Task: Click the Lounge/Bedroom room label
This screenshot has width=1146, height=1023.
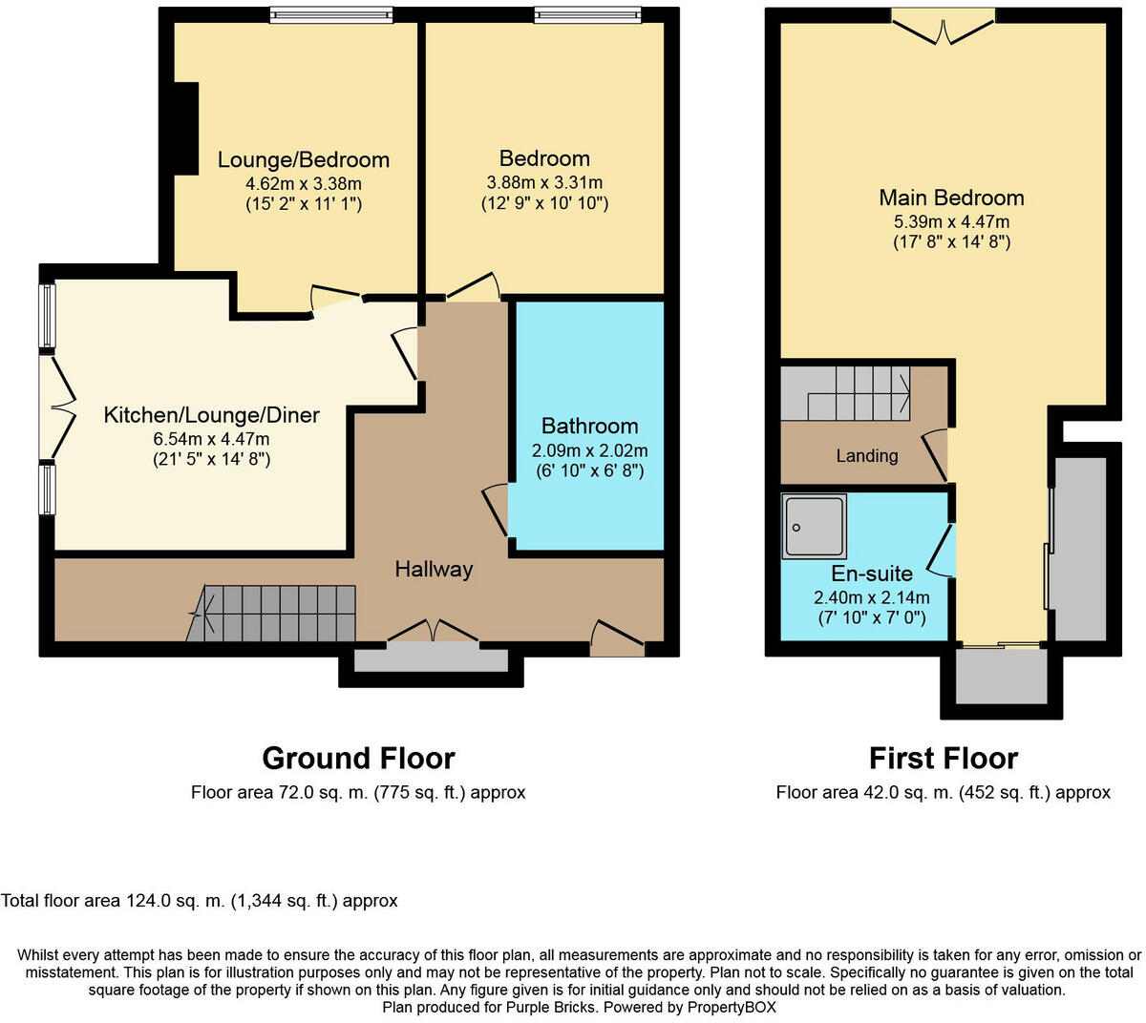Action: tap(303, 160)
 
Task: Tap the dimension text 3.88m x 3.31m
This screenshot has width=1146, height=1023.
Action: tap(544, 182)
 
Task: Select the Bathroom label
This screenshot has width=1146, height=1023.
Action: tap(589, 426)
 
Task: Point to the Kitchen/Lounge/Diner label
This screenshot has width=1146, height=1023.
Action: tap(212, 415)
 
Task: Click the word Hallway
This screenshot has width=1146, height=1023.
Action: tap(434, 569)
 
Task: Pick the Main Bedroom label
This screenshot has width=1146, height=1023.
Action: tap(951, 198)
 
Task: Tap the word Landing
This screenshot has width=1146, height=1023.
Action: tap(866, 455)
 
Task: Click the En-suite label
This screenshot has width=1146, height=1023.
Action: tap(872, 574)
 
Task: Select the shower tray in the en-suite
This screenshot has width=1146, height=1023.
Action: tap(815, 526)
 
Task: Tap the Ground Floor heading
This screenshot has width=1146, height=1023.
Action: tap(359, 759)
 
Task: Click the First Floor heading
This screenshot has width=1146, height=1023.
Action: tap(944, 759)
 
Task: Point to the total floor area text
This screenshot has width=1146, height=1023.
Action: tap(199, 900)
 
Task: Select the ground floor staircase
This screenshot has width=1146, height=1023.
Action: tap(271, 614)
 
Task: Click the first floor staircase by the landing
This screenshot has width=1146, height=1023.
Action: tap(845, 394)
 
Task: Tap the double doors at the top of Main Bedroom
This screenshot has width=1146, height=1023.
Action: tap(943, 27)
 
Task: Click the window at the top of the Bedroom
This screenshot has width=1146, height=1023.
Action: tap(587, 14)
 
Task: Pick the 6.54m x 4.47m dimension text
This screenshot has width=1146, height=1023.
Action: tap(211, 439)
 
